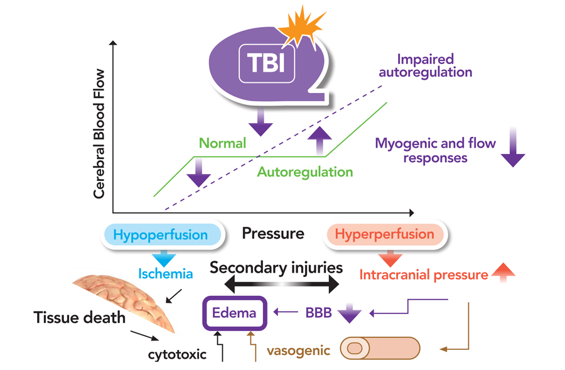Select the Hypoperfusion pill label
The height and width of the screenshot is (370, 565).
161,235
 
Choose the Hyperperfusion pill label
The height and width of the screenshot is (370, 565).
384,235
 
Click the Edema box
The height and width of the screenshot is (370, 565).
234,312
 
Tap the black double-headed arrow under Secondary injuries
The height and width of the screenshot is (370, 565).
281,286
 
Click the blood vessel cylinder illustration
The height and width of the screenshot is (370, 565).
379,347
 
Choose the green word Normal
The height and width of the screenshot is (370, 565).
222,143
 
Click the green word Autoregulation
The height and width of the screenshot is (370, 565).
305,171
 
